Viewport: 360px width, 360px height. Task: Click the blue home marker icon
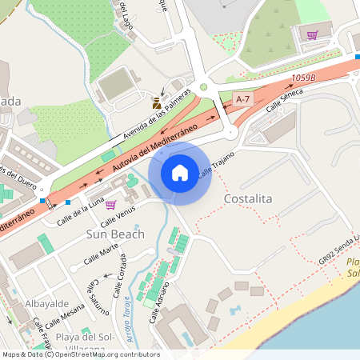[179, 173]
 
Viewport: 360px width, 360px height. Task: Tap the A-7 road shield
[243, 98]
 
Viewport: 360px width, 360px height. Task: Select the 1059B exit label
[304, 78]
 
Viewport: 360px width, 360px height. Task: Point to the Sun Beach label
[115, 234]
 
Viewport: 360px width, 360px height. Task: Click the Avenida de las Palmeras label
[160, 119]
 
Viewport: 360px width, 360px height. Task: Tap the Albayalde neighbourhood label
[46, 305]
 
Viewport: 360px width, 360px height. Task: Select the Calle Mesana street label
[67, 314]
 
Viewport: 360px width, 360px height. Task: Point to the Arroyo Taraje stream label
[126, 321]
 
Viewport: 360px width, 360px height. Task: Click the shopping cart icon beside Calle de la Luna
[110, 205]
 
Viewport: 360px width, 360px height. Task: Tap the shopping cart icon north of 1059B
[312, 35]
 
